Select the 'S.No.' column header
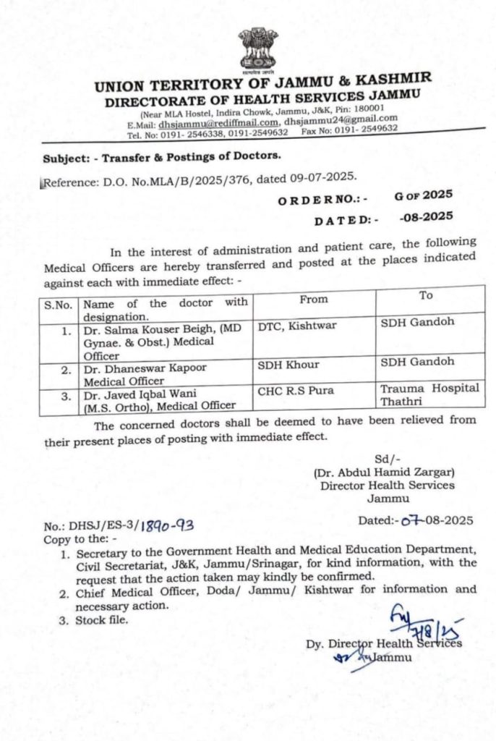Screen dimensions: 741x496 coord(59,305)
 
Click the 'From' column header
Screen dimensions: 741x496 coord(313,299)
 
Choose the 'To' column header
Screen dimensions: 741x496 coord(427,296)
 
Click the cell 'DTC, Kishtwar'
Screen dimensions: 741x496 coord(297,326)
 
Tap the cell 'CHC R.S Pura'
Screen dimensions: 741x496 coord(295,393)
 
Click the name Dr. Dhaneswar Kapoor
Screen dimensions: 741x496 coord(145,368)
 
